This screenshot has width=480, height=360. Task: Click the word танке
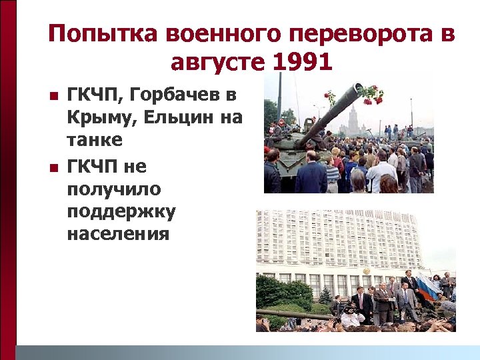coord(95,141)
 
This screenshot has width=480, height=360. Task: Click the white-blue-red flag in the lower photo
coord(427,287)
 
